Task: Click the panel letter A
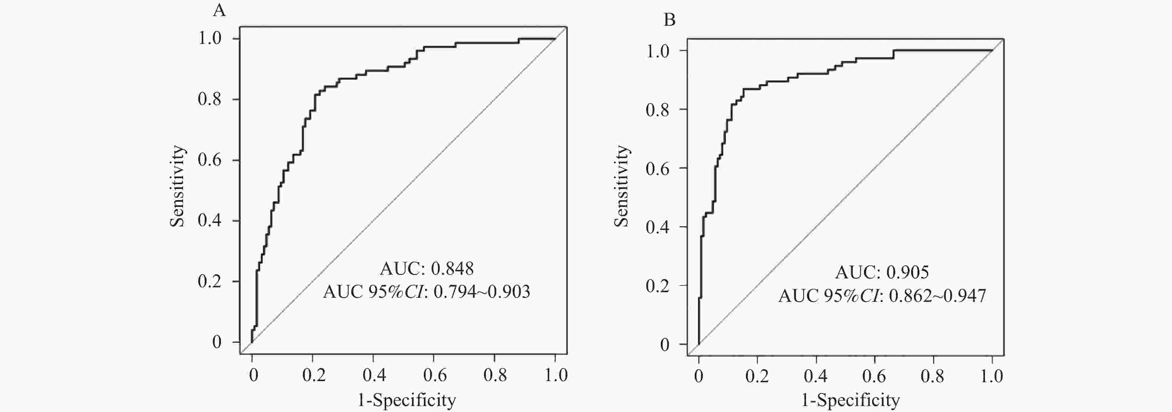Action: (219, 10)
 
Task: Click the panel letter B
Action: (669, 20)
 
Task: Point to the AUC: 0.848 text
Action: (427, 269)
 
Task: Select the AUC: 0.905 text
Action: (882, 272)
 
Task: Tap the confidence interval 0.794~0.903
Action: (482, 292)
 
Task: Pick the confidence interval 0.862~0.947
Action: (937, 296)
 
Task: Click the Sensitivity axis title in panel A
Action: (177, 186)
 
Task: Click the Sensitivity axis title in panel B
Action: (621, 186)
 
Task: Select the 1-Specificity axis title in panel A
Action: (406, 400)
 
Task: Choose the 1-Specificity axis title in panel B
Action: (850, 400)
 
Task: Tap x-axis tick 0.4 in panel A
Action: (374, 375)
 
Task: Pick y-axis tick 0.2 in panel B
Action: (657, 286)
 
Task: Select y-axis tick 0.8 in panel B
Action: (657, 109)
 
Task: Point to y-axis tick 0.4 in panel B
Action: (657, 227)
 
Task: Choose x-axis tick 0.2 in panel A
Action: (314, 375)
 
